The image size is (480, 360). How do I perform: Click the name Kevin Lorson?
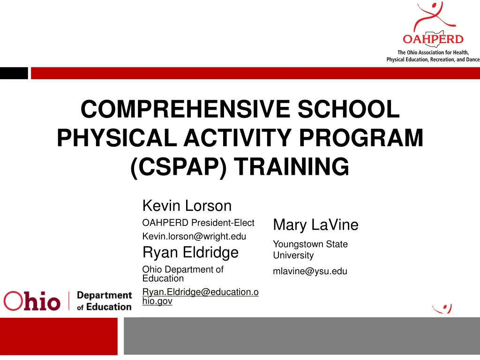tap(187, 205)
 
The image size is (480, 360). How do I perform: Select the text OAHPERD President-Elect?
tap(198, 223)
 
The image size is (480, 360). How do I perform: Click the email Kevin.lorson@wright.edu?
tap(194, 236)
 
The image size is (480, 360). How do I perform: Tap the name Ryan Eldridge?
tap(190, 252)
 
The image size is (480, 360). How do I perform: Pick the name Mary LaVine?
tap(315, 225)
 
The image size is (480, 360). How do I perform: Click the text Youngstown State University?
tap(310, 250)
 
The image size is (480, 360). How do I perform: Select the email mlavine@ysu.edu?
tap(310, 271)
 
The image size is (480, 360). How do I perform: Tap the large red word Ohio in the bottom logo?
tap(32, 300)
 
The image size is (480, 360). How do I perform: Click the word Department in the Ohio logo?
tap(104, 295)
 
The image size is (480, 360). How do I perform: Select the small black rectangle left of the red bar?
tap(14, 73)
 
